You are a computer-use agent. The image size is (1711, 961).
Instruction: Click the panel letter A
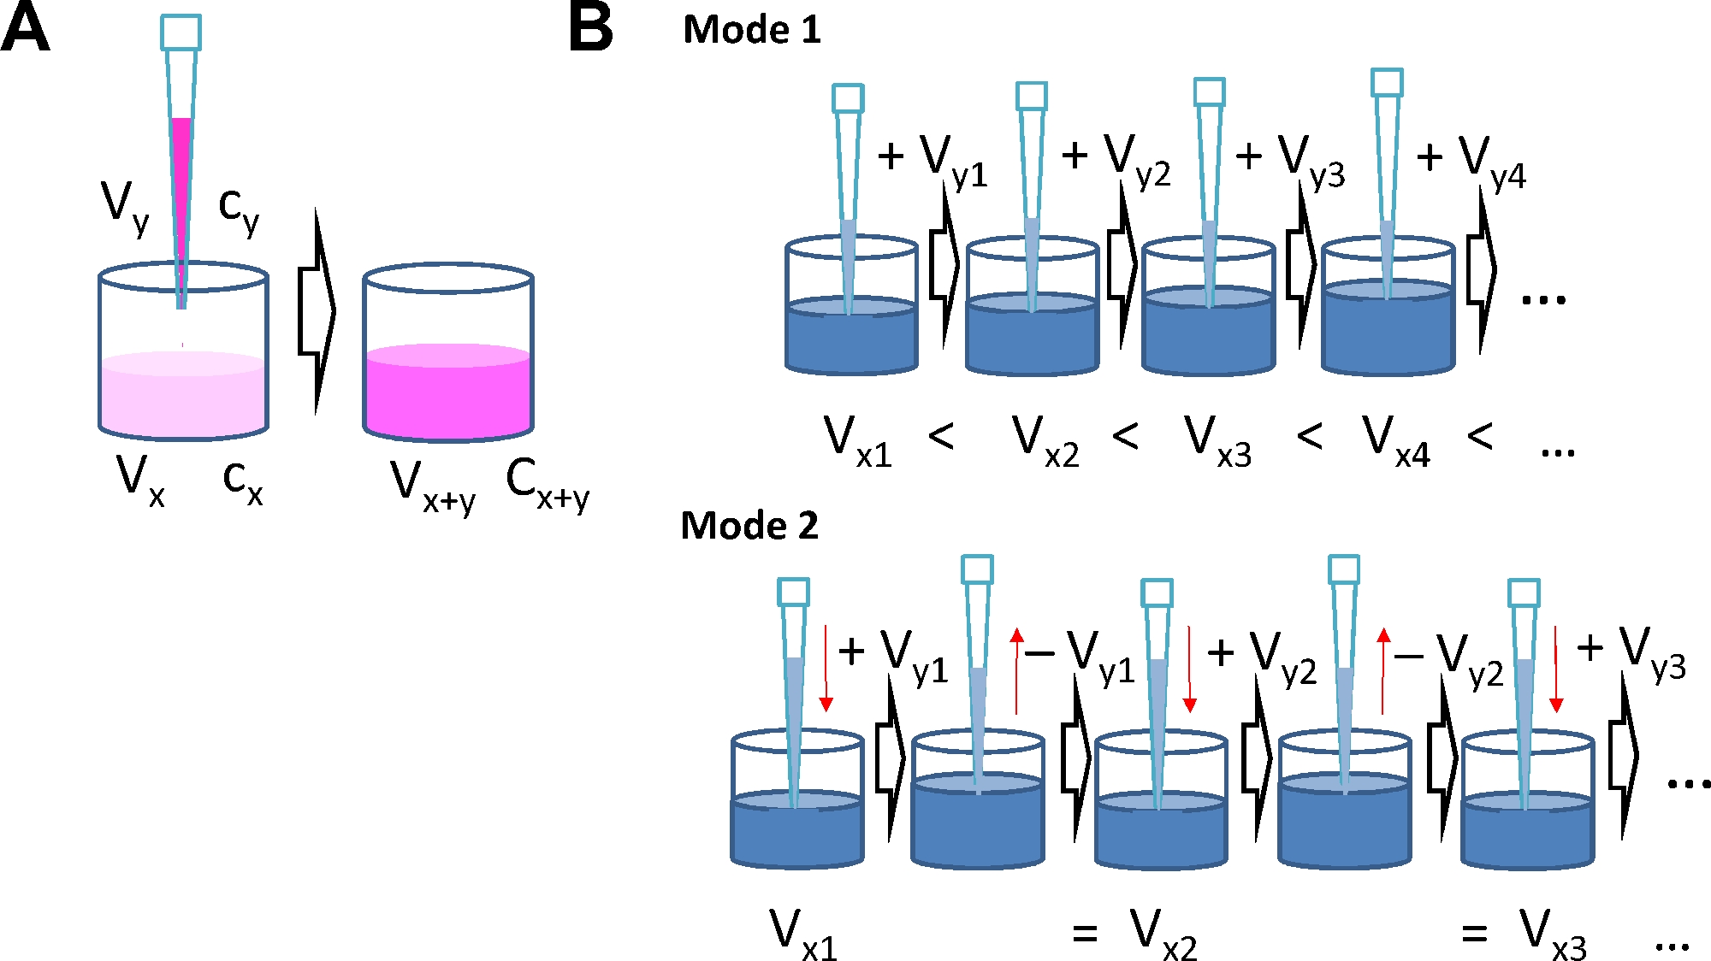(x=25, y=28)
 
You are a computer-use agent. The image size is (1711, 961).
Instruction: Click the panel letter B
(x=591, y=28)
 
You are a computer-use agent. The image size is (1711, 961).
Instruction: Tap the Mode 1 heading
(x=751, y=30)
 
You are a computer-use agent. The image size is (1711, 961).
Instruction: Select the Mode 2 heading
(x=749, y=525)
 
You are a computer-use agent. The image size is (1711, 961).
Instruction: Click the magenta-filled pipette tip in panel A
(x=181, y=171)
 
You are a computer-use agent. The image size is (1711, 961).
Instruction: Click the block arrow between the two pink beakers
(x=316, y=311)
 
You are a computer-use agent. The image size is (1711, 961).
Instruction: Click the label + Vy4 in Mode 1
(x=1471, y=162)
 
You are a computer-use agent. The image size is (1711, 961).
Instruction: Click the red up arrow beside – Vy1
(x=1016, y=670)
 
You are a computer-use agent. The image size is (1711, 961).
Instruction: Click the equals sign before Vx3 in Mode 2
(x=1474, y=933)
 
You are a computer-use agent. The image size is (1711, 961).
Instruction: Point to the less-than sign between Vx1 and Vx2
(x=941, y=438)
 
